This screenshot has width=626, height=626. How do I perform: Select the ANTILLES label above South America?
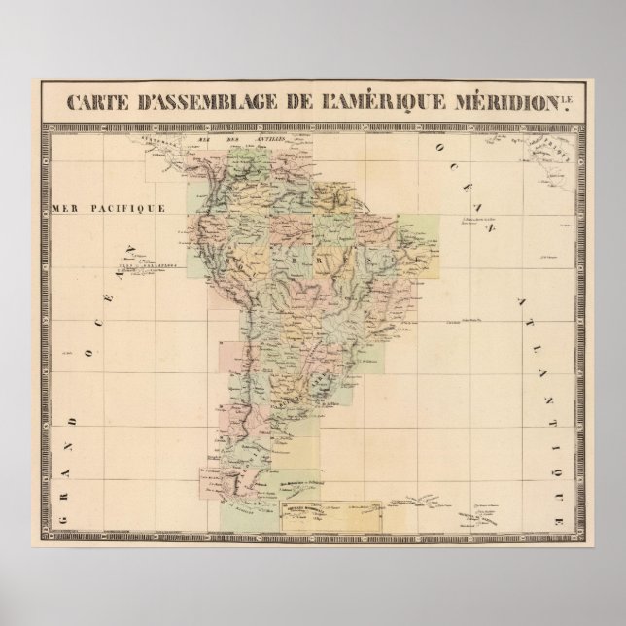[257, 143]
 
